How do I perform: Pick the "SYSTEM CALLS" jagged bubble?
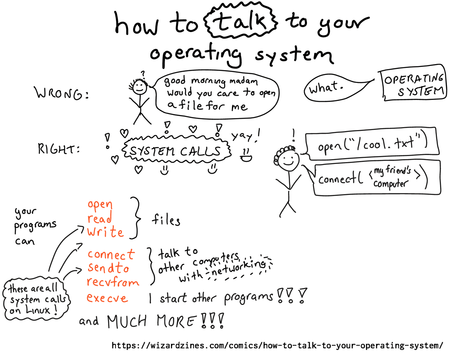pyautogui.click(x=176, y=151)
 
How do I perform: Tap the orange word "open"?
pyautogui.click(x=100, y=205)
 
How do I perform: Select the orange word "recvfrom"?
pyautogui.click(x=113, y=282)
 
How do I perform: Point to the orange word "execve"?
pyautogui.click(x=107, y=298)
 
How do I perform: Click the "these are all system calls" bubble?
pyautogui.click(x=35, y=300)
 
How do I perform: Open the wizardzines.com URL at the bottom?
pyautogui.click(x=277, y=345)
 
